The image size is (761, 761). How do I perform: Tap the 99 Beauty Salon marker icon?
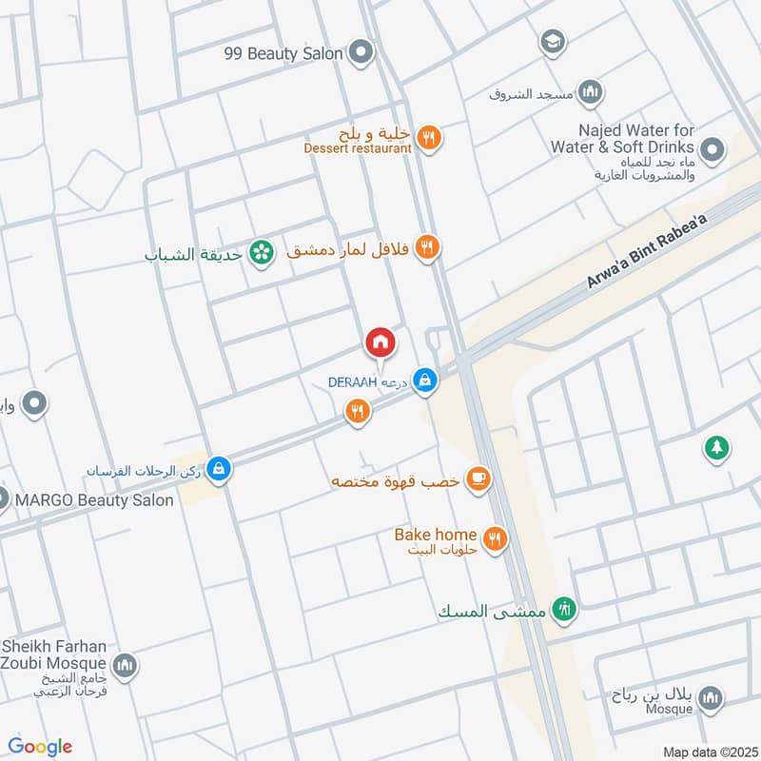point(360,52)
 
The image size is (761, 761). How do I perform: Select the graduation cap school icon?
point(551,42)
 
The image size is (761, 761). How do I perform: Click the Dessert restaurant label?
point(358,148)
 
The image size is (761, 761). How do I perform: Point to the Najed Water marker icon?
point(711,149)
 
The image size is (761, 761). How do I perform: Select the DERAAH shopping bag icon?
point(425,381)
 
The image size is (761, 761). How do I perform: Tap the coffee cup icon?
point(478,479)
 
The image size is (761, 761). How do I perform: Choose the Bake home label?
point(435,535)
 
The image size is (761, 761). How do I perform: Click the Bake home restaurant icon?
point(494,539)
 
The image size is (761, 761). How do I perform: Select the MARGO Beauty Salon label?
point(93,499)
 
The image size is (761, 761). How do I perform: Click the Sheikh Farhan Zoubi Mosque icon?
point(125,665)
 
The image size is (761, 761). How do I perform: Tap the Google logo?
point(40,747)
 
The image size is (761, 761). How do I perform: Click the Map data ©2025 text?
point(709,751)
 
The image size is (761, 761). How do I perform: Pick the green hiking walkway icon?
point(565,609)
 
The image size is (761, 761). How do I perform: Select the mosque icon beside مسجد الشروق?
point(592,92)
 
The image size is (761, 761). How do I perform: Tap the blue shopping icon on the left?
point(219,470)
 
